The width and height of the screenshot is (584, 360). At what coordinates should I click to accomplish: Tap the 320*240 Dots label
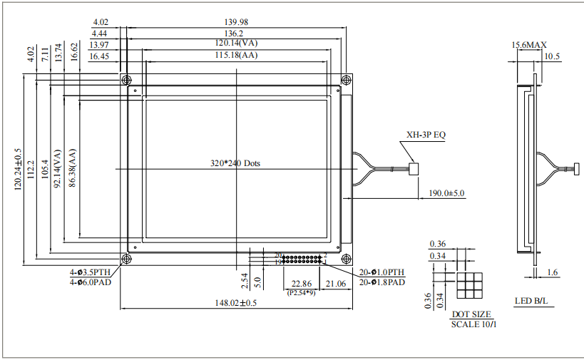tap(235, 163)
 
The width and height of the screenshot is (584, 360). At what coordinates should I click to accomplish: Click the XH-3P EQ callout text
tap(426, 134)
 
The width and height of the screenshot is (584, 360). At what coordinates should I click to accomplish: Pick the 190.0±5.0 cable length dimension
tap(446, 193)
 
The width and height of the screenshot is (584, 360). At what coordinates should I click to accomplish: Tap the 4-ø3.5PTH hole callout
tap(90, 272)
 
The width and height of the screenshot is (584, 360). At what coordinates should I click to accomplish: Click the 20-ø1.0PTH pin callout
tap(382, 272)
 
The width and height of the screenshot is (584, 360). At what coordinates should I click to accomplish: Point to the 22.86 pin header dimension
tap(301, 284)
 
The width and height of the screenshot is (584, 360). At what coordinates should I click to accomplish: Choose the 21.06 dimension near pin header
tap(336, 284)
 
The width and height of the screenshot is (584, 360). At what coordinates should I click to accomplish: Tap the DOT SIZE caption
tap(471, 314)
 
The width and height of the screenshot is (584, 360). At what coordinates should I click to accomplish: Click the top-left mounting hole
tap(126, 79)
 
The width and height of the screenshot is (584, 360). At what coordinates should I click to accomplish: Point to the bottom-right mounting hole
tap(346, 259)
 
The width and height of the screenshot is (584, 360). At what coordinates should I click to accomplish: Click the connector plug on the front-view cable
tap(414, 169)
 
